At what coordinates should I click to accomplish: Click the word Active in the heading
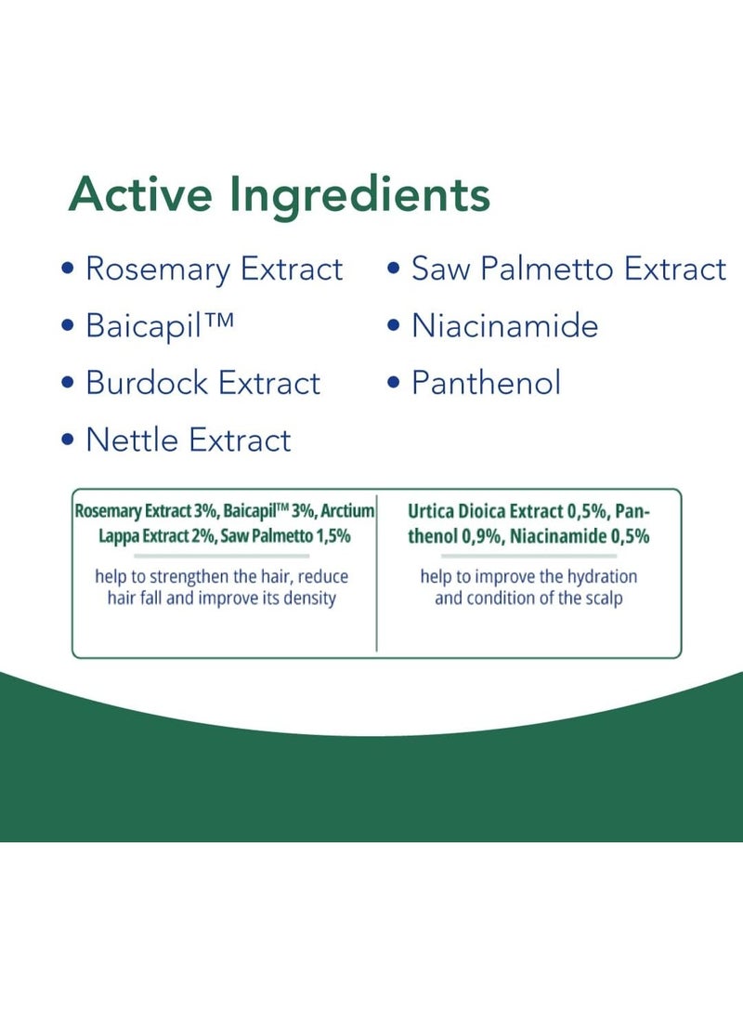[x=140, y=194]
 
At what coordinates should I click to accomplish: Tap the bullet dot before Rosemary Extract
[x=68, y=269]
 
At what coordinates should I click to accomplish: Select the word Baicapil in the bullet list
[x=144, y=326]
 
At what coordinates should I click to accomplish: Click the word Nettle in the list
[x=132, y=440]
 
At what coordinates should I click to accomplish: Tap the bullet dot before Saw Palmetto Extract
[x=394, y=269]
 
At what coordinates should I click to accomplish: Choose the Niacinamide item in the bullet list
[x=505, y=325]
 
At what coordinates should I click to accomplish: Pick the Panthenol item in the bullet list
[x=486, y=383]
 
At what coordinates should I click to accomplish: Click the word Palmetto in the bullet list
[x=547, y=269]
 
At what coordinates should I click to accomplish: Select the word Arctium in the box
[x=348, y=511]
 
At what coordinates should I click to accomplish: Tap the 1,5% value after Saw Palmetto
[x=333, y=535]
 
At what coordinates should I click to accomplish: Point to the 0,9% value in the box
[x=483, y=536]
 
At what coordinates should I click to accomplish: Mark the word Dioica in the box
[x=482, y=512]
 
